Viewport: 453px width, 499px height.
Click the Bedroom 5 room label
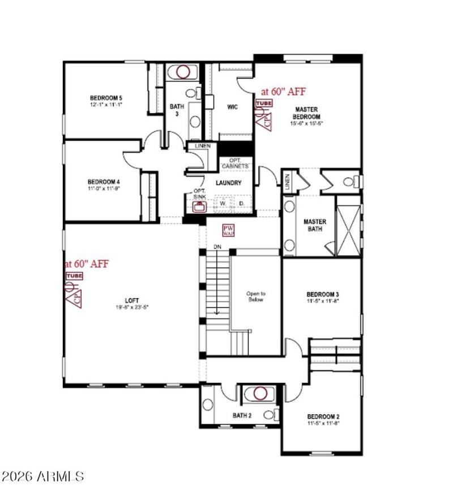106,97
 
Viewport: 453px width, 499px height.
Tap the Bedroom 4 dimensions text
104,188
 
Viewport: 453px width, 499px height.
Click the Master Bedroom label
306,113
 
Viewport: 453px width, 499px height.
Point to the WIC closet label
232,106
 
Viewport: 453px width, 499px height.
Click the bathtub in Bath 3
182,72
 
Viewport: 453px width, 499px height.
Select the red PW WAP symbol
228,230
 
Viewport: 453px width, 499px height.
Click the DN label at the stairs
217,248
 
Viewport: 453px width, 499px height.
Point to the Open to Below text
255,296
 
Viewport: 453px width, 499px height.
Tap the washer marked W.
223,203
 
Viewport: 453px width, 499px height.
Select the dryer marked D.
242,203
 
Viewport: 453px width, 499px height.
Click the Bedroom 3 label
322,294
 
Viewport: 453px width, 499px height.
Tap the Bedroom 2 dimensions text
323,423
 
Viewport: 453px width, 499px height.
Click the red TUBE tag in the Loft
74,276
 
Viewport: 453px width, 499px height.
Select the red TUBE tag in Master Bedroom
263,104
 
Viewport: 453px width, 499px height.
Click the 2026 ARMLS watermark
43,476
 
